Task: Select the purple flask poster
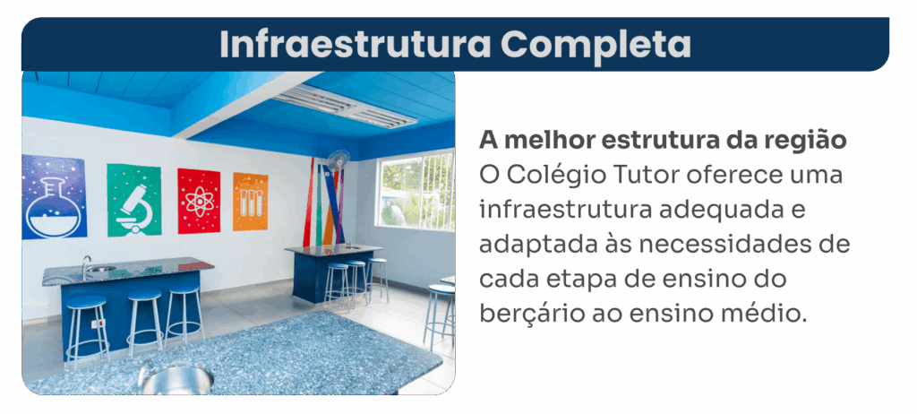click(x=54, y=197)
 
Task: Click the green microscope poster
click(x=134, y=200)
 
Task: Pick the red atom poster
click(x=199, y=201)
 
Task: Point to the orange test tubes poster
click(x=251, y=202)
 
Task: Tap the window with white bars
click(x=416, y=191)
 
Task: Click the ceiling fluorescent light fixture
click(x=345, y=106)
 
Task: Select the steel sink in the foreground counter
click(x=176, y=379)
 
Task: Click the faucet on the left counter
click(x=86, y=264)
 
